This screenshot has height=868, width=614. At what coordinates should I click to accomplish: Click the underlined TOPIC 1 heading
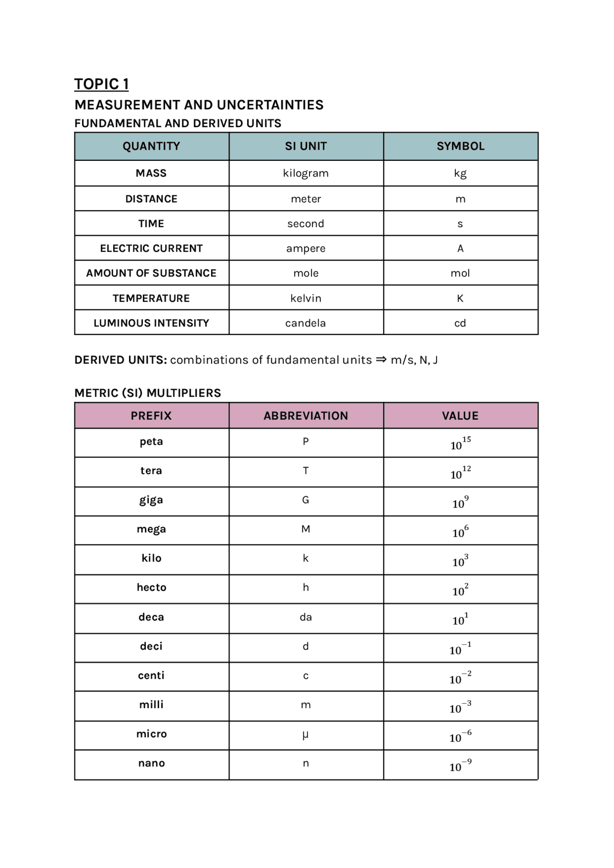click(101, 84)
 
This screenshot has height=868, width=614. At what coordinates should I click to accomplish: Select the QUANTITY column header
click(151, 146)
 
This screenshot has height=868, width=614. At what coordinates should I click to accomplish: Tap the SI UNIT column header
click(306, 146)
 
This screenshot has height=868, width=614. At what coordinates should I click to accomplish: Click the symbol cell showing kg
click(460, 173)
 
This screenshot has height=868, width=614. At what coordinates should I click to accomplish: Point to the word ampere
click(306, 248)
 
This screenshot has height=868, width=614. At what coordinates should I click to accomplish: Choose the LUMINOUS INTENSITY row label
click(151, 323)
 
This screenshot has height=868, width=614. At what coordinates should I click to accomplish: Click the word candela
click(306, 323)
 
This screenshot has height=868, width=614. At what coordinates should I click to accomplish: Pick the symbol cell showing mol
click(460, 273)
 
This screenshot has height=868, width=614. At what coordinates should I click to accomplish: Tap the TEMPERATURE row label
click(151, 298)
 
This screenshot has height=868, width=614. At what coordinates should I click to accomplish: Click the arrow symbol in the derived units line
click(381, 360)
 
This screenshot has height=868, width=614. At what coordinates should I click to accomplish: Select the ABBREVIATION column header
click(306, 416)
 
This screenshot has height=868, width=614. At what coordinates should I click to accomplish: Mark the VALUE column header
click(460, 416)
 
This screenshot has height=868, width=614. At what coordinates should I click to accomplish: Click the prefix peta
click(151, 442)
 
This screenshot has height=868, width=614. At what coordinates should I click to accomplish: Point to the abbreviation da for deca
click(306, 617)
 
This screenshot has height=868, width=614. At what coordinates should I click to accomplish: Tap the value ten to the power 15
click(460, 443)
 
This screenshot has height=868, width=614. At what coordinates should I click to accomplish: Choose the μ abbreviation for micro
click(306, 734)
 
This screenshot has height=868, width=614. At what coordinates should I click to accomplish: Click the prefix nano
click(151, 763)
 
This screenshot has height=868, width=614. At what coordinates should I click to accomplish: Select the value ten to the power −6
click(460, 736)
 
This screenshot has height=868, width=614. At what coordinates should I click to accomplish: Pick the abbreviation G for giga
click(306, 500)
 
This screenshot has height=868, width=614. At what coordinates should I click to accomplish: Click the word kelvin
click(306, 298)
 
